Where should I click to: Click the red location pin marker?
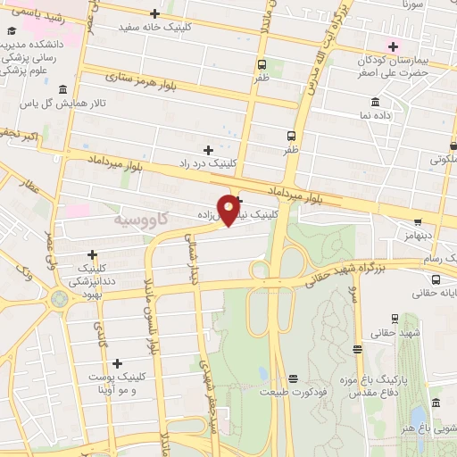(229, 208)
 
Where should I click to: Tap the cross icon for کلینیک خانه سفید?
(155, 13)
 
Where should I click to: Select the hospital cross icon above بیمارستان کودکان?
(392, 46)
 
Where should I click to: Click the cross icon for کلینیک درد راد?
(208, 150)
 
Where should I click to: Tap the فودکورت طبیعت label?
(294, 392)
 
